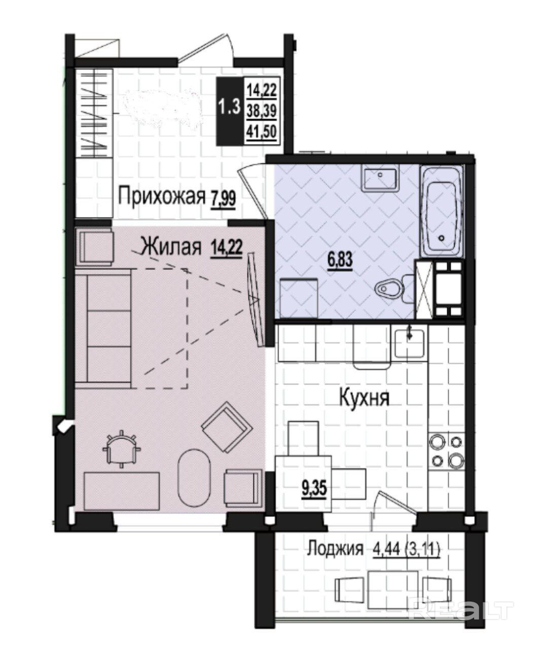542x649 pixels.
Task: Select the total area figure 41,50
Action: coord(262,132)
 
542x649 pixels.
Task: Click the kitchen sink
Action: coord(409,343)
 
